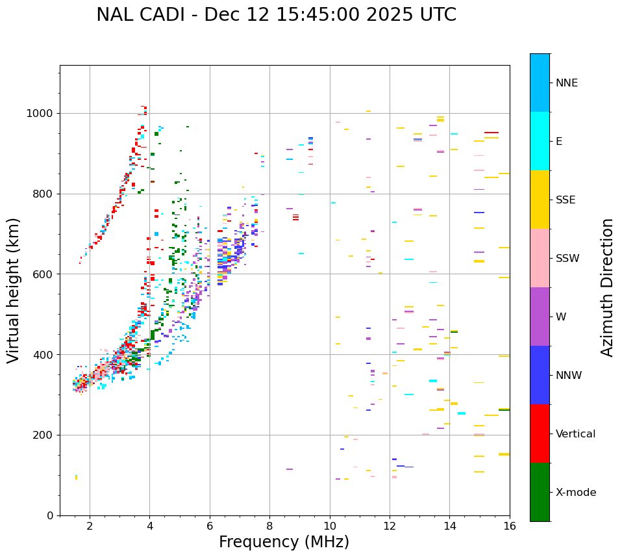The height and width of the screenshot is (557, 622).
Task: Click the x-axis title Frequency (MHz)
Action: point(284,542)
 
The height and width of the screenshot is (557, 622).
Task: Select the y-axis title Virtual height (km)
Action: point(14,291)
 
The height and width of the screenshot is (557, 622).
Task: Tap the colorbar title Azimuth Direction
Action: point(607,287)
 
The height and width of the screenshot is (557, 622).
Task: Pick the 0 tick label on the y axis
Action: point(49,515)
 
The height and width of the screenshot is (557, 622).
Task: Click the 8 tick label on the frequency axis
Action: point(269,526)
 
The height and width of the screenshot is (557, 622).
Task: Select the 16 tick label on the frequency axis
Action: point(510,526)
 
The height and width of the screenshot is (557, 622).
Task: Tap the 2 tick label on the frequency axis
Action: point(90,526)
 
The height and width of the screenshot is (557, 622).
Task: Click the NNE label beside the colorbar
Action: point(567,83)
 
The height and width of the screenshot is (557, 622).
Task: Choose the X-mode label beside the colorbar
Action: point(576,493)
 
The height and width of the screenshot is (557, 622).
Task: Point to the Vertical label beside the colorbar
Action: point(575,434)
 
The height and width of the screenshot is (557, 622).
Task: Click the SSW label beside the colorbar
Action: point(567,259)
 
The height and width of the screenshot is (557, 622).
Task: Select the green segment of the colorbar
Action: point(540,492)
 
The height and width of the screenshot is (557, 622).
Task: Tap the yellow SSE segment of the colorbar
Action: point(540,200)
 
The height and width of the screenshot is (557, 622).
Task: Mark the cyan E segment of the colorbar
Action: point(540,141)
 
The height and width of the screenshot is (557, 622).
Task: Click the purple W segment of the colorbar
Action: point(540,317)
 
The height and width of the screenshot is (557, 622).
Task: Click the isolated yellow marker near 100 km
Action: point(76,477)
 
